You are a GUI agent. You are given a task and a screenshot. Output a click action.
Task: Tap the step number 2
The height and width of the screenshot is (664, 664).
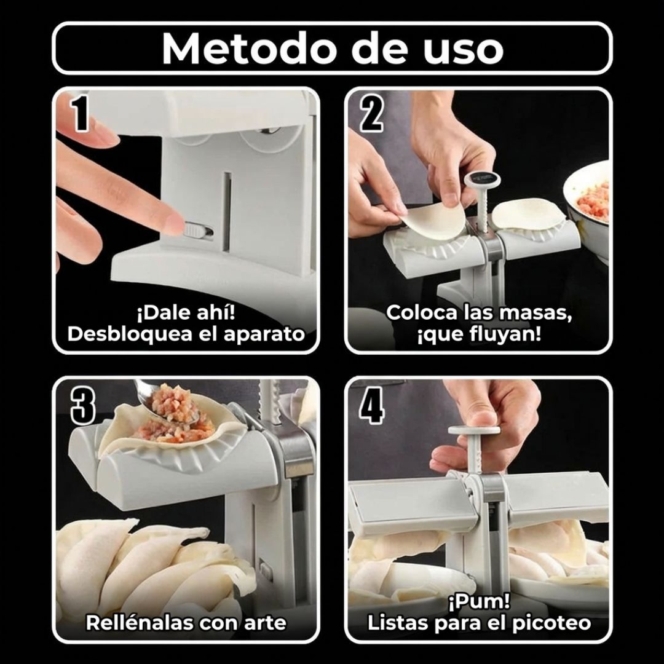371,113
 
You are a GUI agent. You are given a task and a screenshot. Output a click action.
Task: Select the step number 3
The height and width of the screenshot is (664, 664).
82,405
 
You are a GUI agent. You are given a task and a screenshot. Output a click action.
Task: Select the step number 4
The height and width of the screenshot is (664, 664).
371,405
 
